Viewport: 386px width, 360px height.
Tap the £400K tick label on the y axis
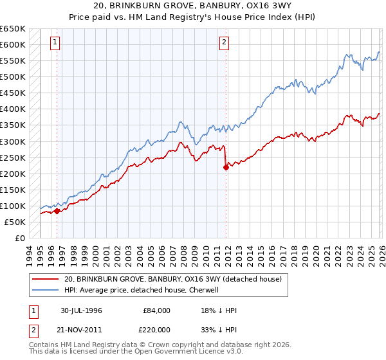12,109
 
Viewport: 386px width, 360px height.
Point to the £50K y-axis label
14,222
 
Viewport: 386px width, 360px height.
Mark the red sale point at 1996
57,211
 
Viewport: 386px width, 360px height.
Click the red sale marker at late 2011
226,167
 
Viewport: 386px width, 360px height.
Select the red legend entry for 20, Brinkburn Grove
172,279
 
